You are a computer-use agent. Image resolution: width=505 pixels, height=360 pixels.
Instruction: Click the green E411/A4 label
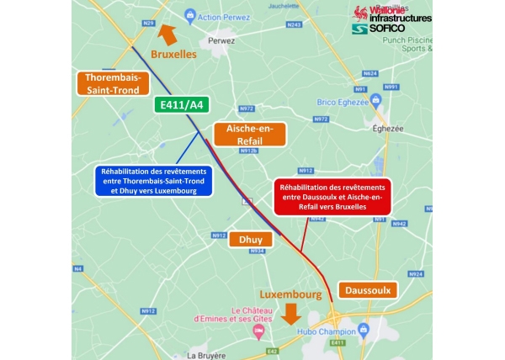183,105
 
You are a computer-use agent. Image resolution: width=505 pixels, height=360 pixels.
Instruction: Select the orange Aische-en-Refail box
250,135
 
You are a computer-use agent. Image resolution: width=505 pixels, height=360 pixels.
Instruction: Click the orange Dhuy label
250,240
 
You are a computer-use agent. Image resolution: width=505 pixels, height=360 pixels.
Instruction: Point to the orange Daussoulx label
366,290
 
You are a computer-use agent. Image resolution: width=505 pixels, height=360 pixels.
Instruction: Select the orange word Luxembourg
290,296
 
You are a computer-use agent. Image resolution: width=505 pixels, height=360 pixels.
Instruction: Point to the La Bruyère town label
208,355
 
